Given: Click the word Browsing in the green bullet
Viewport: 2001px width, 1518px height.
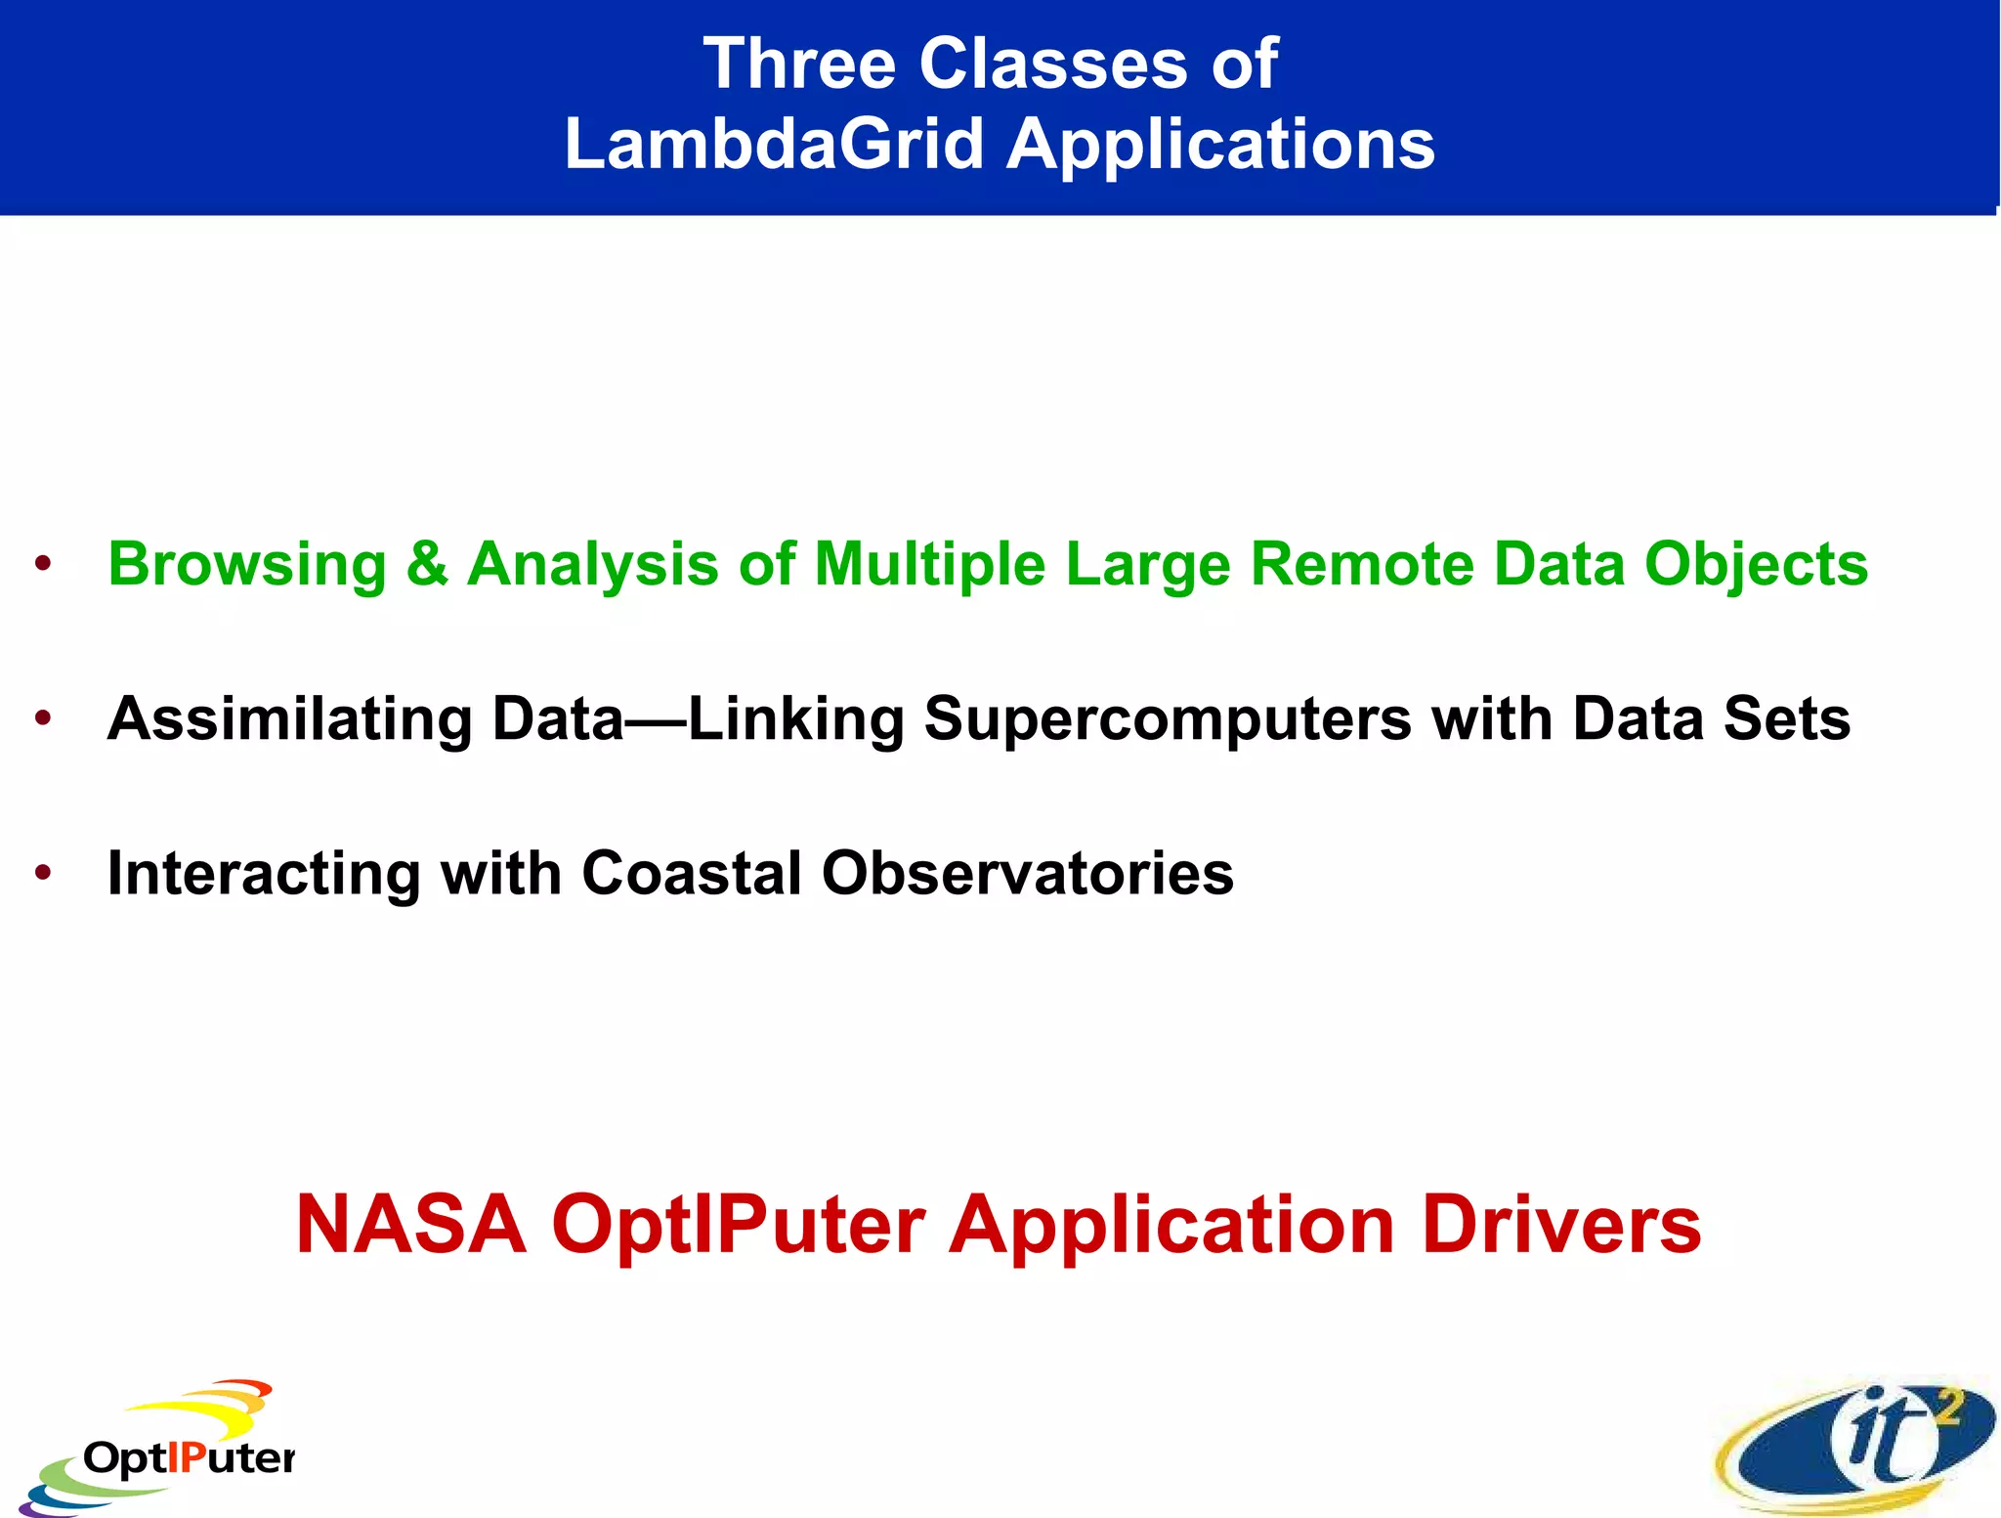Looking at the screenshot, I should (x=247, y=565).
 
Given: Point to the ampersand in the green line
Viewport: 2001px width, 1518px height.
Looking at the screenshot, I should (x=427, y=565).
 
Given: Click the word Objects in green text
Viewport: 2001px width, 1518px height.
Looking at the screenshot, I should (x=1756, y=565).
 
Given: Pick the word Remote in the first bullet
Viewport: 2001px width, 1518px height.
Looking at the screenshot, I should (x=1362, y=565).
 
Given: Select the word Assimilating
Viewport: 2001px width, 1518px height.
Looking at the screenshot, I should (x=289, y=719).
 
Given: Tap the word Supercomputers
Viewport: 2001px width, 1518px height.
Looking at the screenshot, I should (x=1168, y=719).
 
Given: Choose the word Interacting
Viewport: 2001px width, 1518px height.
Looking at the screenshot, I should (x=264, y=873).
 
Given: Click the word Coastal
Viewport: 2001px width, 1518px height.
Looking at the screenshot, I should (x=692, y=873).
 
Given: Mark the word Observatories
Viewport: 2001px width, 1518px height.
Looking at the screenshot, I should (x=1028, y=873).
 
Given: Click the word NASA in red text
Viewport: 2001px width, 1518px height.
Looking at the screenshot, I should (x=411, y=1225).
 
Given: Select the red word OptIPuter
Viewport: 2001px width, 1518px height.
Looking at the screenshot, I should (x=738, y=1225).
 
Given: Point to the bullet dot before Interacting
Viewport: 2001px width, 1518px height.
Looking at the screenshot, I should (x=42, y=873).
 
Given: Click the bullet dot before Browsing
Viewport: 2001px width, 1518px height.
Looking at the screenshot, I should (x=42, y=565).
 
